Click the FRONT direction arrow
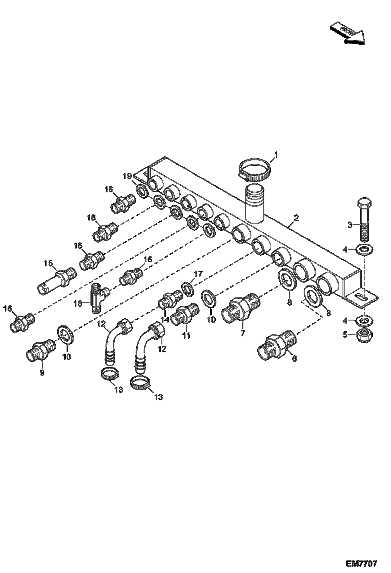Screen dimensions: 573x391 [347, 33]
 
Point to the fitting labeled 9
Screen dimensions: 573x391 [39, 349]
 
